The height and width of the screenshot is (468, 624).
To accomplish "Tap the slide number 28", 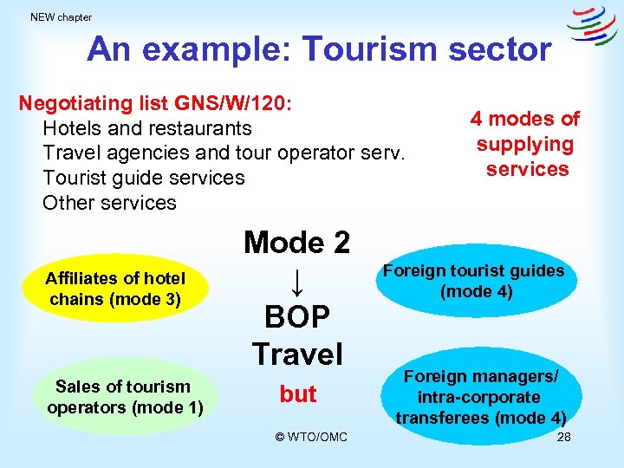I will click(563, 437).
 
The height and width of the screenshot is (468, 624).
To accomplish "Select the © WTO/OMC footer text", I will click(311, 437).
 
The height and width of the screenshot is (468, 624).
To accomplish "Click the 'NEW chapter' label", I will click(61, 17).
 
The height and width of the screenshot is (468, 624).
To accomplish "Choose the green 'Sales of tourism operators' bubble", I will click(125, 397).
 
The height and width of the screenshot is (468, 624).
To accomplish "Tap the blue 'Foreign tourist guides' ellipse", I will click(473, 281).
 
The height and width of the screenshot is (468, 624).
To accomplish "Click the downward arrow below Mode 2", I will click(296, 280).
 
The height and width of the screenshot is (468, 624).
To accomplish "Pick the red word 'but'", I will click(297, 394).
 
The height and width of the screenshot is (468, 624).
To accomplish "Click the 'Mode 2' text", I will click(296, 242).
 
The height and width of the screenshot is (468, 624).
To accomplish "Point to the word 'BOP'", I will click(297, 317).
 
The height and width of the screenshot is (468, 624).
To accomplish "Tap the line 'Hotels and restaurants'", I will click(147, 128).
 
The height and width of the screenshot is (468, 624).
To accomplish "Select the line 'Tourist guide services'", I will click(144, 178).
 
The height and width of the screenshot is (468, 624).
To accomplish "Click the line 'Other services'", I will click(109, 203).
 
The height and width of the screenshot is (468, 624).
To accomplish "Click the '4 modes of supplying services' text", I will click(525, 144).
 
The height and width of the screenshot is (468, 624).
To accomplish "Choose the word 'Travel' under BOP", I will click(297, 354).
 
